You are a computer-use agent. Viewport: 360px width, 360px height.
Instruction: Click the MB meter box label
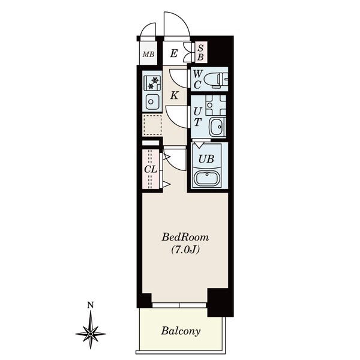pyautogui.click(x=148, y=55)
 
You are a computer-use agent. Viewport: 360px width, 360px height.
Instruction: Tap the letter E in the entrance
pyautogui.click(x=174, y=54)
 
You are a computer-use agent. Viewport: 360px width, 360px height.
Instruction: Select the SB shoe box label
pyautogui.click(x=200, y=53)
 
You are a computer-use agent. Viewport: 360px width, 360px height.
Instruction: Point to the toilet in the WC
pyautogui.click(x=215, y=80)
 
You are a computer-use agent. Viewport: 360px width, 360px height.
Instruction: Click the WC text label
pyautogui.click(x=197, y=79)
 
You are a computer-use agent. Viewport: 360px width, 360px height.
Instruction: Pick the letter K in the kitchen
pyautogui.click(x=174, y=95)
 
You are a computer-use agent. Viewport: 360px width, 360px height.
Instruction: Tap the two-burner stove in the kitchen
pyautogui.click(x=152, y=83)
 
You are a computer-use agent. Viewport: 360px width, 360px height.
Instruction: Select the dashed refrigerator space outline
pyautogui.click(x=152, y=125)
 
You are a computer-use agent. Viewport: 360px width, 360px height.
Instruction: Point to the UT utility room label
pyautogui.click(x=197, y=117)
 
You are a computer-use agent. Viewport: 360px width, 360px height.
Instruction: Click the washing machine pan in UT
pyautogui.click(x=215, y=105)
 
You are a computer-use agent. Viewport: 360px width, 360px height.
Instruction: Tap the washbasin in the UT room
pyautogui.click(x=217, y=127)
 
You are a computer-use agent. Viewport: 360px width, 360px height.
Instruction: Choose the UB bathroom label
pyautogui.click(x=206, y=158)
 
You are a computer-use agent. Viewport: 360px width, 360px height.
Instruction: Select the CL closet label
pyautogui.click(x=151, y=169)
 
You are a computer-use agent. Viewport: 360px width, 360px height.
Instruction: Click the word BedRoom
pyautogui.click(x=185, y=237)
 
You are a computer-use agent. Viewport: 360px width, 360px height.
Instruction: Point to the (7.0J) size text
pyautogui.click(x=185, y=250)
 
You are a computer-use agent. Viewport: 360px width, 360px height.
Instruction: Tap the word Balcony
pyautogui.click(x=181, y=331)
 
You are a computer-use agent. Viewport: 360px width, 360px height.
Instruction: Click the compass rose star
pyautogui.click(x=91, y=334)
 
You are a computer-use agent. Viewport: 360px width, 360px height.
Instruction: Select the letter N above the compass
pyautogui.click(x=91, y=305)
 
